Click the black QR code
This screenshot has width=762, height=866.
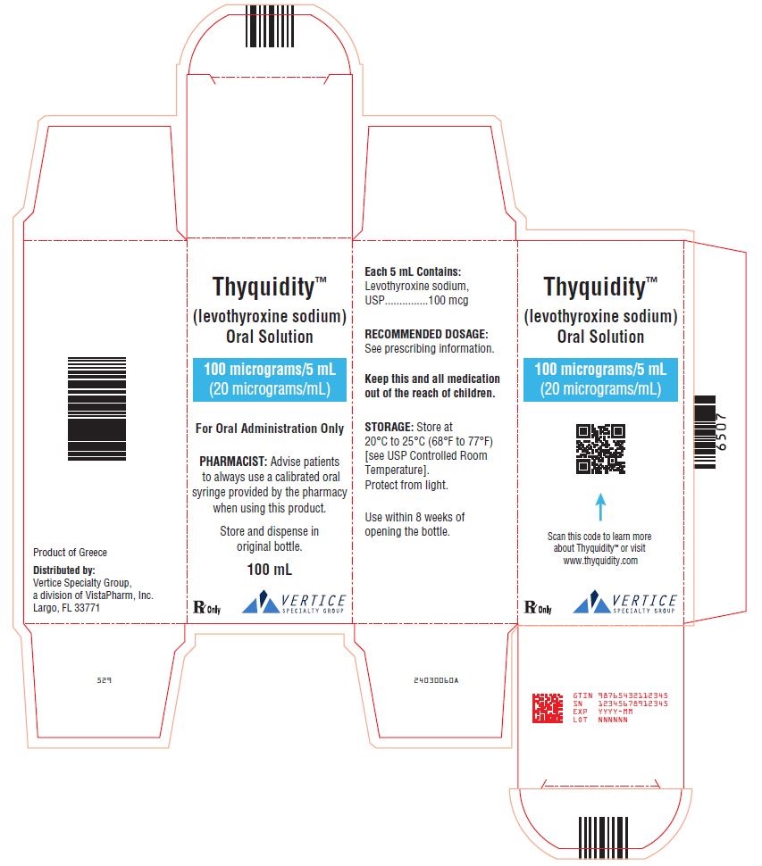pyautogui.click(x=600, y=448)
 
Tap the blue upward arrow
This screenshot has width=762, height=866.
pyautogui.click(x=600, y=507)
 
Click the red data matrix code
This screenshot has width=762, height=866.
pyautogui.click(x=547, y=708)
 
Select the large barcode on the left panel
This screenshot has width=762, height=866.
pyautogui.click(x=96, y=408)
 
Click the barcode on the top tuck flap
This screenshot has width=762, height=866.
pyautogui.click(x=270, y=26)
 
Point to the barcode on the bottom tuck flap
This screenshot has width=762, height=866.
pyautogui.click(x=603, y=837)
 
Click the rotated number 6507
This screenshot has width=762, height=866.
pyautogui.click(x=721, y=432)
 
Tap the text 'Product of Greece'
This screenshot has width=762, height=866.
pyautogui.click(x=71, y=553)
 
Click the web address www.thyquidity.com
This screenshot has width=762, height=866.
pyautogui.click(x=600, y=561)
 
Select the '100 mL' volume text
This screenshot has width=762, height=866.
pyautogui.click(x=270, y=570)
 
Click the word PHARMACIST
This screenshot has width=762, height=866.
pyautogui.click(x=233, y=462)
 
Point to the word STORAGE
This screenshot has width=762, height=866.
pyautogui.click(x=389, y=427)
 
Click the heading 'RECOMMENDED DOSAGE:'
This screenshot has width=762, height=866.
pyautogui.click(x=426, y=334)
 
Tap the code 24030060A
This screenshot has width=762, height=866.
pyautogui.click(x=436, y=680)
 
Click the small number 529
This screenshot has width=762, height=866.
pyautogui.click(x=104, y=680)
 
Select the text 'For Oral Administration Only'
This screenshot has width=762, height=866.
pyautogui.click(x=270, y=429)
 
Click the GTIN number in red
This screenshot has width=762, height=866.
pyautogui.click(x=632, y=695)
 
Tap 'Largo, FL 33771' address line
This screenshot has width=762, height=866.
pyautogui.click(x=66, y=608)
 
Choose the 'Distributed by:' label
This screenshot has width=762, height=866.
pyautogui.click(x=64, y=570)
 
